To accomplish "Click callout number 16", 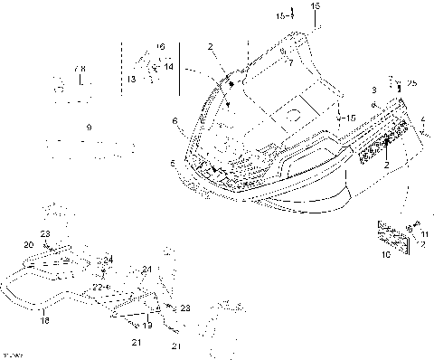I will [161, 46].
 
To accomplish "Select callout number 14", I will [169, 66].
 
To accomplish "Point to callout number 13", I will [131, 81].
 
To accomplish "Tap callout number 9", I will [88, 128].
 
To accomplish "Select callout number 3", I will [372, 92].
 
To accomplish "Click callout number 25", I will [412, 83].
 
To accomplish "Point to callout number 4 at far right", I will [423, 118].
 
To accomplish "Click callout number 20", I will [28, 245].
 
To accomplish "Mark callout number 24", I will [108, 260].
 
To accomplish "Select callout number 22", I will [96, 287].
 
